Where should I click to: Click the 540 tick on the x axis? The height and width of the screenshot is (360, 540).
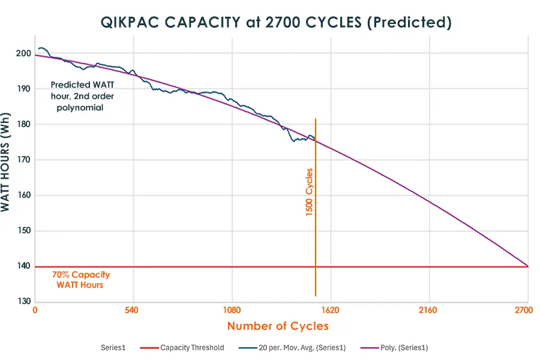[x=133, y=311]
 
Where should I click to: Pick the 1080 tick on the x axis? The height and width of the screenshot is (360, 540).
[x=232, y=311]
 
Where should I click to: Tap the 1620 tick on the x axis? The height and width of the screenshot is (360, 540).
[x=331, y=311]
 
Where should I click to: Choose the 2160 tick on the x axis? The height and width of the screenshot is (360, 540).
[x=429, y=311]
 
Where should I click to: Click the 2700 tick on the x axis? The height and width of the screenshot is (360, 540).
[x=524, y=311]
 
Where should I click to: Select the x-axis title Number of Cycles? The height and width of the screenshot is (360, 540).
[x=278, y=326]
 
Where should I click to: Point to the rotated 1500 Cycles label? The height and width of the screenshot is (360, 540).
[x=310, y=192]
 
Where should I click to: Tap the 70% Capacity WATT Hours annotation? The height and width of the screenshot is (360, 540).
[x=80, y=280]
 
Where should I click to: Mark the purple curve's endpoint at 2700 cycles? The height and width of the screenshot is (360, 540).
[x=527, y=266]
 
